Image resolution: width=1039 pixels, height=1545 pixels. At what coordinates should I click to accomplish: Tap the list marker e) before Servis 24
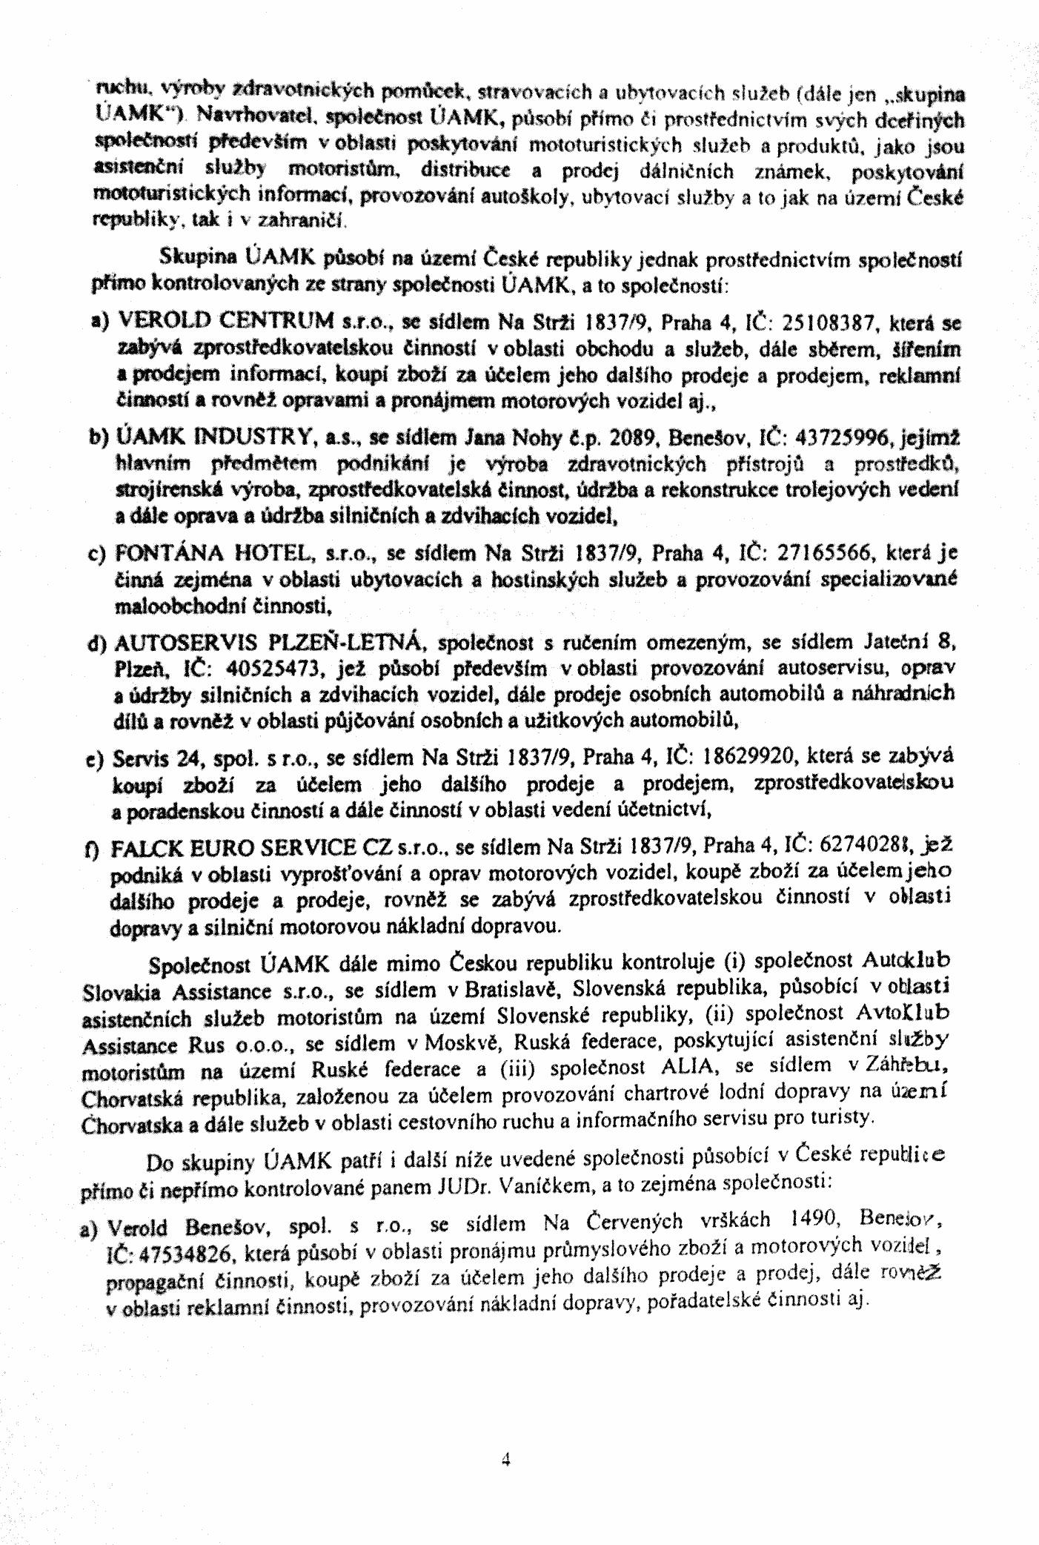tap(97, 761)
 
